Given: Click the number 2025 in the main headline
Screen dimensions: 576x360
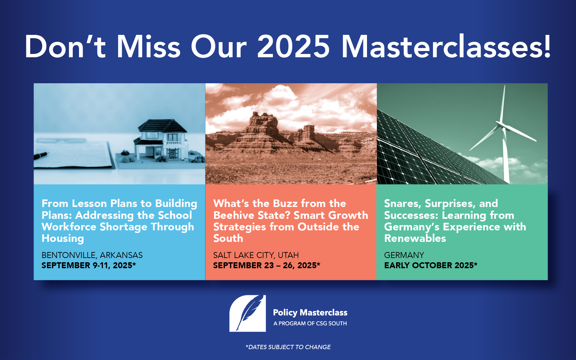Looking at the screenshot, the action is point(293,47).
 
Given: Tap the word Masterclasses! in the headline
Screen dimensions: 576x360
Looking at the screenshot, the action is point(446,46).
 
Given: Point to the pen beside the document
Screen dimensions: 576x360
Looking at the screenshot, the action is point(41,155).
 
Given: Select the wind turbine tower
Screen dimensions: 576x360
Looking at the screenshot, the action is point(505,155).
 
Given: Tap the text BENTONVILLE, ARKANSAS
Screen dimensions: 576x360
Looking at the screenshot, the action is point(92,255).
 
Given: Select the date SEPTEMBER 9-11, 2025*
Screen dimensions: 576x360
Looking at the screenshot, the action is point(89,266).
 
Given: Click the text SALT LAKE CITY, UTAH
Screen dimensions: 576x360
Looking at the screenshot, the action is point(256,255).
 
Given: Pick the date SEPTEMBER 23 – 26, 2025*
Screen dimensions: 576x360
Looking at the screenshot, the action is point(267,266).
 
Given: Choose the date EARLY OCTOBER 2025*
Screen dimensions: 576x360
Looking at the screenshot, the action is point(431,266).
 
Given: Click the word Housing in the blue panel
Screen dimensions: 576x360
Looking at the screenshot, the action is point(63,239).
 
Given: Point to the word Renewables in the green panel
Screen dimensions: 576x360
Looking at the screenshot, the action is point(415,238).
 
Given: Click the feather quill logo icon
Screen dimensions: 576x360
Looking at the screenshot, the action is point(248,313).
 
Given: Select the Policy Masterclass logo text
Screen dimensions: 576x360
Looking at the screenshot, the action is point(310,313).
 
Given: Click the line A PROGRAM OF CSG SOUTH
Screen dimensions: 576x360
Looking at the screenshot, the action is point(310,323).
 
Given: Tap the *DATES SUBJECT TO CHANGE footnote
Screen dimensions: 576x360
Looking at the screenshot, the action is point(288,347).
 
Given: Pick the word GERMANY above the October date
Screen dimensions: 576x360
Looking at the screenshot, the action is point(404,255).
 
